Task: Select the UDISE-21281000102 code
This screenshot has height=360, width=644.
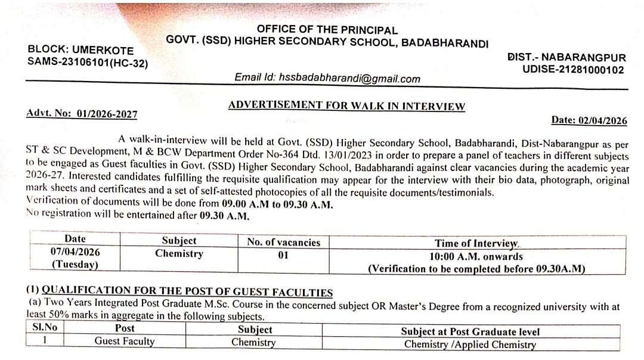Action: pos(573,70)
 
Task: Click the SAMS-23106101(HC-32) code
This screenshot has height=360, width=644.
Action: pos(88,62)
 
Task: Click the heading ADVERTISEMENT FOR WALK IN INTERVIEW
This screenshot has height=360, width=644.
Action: pos(346,106)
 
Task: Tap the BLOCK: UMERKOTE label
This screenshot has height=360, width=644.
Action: pos(80,51)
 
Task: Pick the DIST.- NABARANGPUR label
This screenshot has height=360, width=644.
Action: pos(566,58)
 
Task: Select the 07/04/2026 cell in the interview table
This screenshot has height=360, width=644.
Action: pos(75,252)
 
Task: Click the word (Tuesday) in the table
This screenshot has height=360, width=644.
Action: pos(75,264)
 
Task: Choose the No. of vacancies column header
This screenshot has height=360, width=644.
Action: pos(284,242)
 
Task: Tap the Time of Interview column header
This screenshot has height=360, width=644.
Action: pos(476,243)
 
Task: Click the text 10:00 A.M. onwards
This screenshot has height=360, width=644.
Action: pos(476,257)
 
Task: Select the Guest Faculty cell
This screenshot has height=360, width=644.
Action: pos(124,342)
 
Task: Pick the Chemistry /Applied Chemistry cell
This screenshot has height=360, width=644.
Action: pos(470,344)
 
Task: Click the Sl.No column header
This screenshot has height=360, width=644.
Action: pos(43,328)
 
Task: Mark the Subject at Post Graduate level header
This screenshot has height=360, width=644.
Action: pos(470,331)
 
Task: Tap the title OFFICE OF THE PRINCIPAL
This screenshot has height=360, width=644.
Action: pos(327,30)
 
